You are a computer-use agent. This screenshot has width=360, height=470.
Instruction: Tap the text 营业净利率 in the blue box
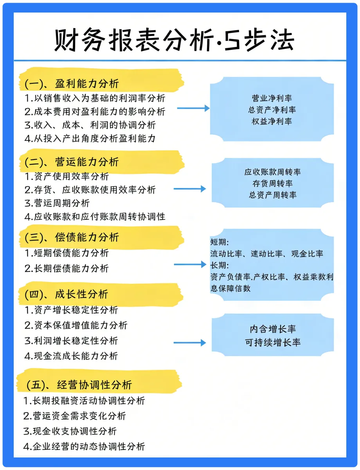tap(272, 98)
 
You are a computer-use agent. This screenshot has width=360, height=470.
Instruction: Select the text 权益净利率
tap(272, 121)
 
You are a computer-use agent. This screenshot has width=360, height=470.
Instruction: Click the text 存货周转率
tap(273, 183)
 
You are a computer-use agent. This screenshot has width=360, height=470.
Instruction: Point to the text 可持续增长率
tap(273, 342)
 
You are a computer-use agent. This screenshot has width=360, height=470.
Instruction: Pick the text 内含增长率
tap(273, 329)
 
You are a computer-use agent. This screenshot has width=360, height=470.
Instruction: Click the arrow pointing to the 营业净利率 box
tap(193, 108)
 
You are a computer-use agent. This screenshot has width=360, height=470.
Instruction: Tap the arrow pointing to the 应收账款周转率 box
tap(189, 189)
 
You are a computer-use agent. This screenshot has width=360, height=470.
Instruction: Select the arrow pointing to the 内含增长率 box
tap(189, 343)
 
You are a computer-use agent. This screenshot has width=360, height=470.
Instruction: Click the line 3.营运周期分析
tap(57, 203)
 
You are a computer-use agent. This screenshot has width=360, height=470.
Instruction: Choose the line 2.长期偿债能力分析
tap(67, 268)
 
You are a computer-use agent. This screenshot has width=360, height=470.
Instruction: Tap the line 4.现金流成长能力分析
tap(71, 356)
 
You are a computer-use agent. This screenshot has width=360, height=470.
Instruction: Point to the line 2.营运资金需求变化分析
tap(75, 416)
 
